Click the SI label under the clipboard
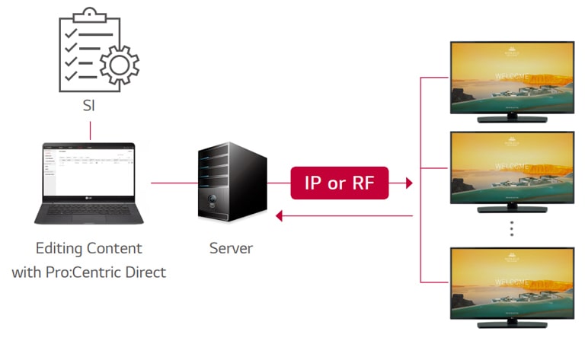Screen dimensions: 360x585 coord(89,105)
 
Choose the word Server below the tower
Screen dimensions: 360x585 coord(232,249)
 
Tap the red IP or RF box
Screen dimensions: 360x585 coord(340,183)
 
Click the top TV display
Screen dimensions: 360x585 coord(511,76)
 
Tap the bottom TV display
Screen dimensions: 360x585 coord(511,282)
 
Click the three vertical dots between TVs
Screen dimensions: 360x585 coord(512,228)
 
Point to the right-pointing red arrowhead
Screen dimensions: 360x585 coord(409,183)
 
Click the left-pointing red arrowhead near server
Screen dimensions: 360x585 coord(280,217)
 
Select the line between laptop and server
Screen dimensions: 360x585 coord(174,183)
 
